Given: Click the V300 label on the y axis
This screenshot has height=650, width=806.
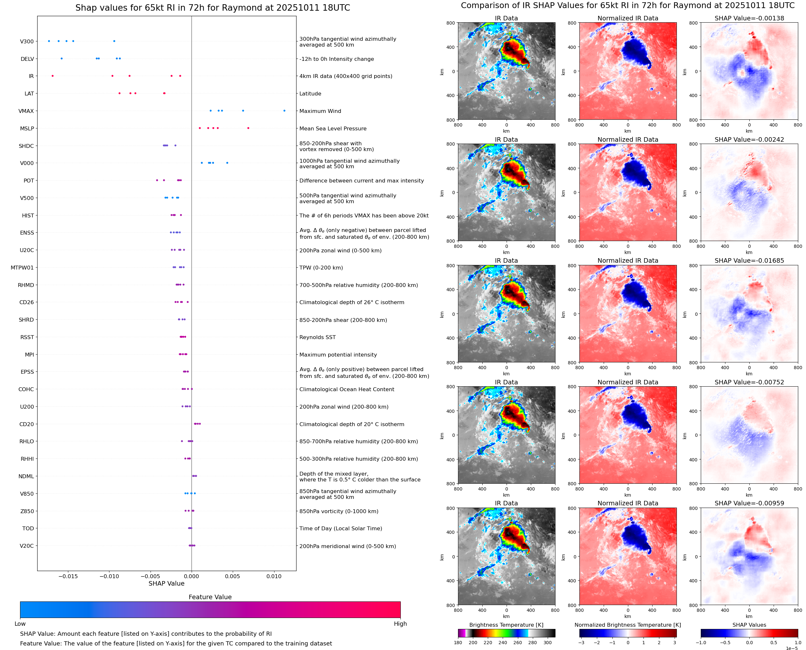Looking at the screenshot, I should click(x=27, y=41).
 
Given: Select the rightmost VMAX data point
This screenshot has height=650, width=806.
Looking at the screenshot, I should click(x=284, y=111).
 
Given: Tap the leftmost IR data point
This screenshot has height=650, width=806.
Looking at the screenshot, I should click(x=52, y=76).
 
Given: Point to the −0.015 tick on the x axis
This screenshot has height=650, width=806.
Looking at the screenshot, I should click(x=68, y=576).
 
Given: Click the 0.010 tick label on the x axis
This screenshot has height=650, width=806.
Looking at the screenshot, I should click(x=274, y=576).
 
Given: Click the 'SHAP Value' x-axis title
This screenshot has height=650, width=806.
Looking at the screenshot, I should click(x=166, y=583).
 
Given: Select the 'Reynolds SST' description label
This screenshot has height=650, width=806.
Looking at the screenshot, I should click(x=317, y=337).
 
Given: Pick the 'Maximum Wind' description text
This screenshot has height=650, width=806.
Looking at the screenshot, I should click(x=320, y=111).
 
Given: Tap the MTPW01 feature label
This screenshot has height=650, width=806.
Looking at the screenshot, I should click(x=22, y=268).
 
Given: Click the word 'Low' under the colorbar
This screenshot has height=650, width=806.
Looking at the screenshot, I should click(x=20, y=623).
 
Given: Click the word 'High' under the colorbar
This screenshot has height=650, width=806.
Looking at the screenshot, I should click(x=400, y=623).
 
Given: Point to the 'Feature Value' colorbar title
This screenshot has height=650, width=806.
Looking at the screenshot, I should click(x=210, y=597).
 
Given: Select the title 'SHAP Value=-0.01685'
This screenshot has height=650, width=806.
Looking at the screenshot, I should click(x=749, y=260).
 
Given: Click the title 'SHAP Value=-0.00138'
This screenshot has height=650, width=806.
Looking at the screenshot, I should click(x=749, y=18).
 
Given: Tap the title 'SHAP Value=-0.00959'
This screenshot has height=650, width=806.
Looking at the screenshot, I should click(x=749, y=503).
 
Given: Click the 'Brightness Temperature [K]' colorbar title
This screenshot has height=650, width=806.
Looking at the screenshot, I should click(x=506, y=625).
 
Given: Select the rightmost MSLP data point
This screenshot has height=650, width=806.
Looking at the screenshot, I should click(x=248, y=128).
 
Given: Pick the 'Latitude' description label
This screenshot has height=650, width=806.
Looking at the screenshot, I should click(x=310, y=94).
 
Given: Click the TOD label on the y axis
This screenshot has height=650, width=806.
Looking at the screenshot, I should click(x=28, y=528).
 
